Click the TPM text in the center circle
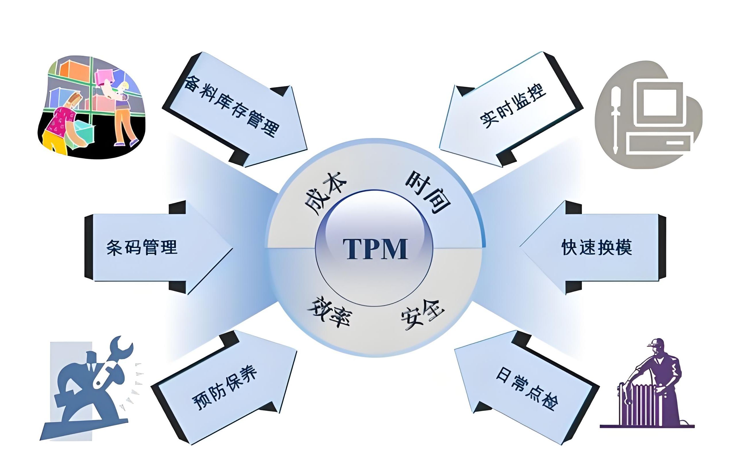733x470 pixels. click(x=375, y=249)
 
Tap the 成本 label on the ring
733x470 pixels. click(x=325, y=194)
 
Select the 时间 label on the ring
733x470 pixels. click(x=428, y=192)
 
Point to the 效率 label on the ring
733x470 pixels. click(x=330, y=311)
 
